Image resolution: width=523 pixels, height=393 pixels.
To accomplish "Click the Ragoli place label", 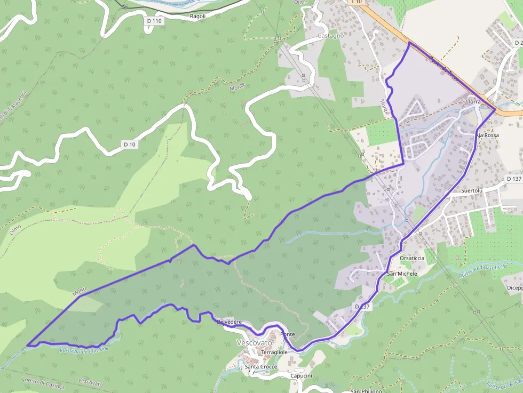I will (197, 16).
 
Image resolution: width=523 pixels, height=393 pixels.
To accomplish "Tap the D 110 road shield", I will (154, 21).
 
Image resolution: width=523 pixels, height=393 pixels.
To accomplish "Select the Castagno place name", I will (330, 36).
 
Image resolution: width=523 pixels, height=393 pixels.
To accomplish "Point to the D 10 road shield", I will (130, 145).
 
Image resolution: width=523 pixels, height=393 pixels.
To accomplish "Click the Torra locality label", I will (473, 101).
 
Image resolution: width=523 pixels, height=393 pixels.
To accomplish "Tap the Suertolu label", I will (471, 190).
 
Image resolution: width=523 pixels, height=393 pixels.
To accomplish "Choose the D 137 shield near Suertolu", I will (513, 179).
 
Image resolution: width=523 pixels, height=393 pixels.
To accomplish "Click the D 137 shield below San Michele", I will (362, 307).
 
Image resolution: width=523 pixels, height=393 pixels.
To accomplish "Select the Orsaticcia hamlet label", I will (412, 258).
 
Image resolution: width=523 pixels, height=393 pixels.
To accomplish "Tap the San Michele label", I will (402, 274).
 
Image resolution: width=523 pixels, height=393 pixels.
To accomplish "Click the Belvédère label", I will (230, 322).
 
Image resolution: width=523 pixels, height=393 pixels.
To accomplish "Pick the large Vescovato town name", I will (254, 343).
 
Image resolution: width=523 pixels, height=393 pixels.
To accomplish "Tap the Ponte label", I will (287, 334).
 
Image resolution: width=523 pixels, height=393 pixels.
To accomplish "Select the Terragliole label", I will (274, 352).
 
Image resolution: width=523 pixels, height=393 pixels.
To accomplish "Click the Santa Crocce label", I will (261, 367).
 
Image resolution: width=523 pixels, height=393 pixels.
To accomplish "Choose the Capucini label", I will (301, 376).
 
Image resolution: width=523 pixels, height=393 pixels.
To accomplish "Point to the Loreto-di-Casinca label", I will (43, 382).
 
